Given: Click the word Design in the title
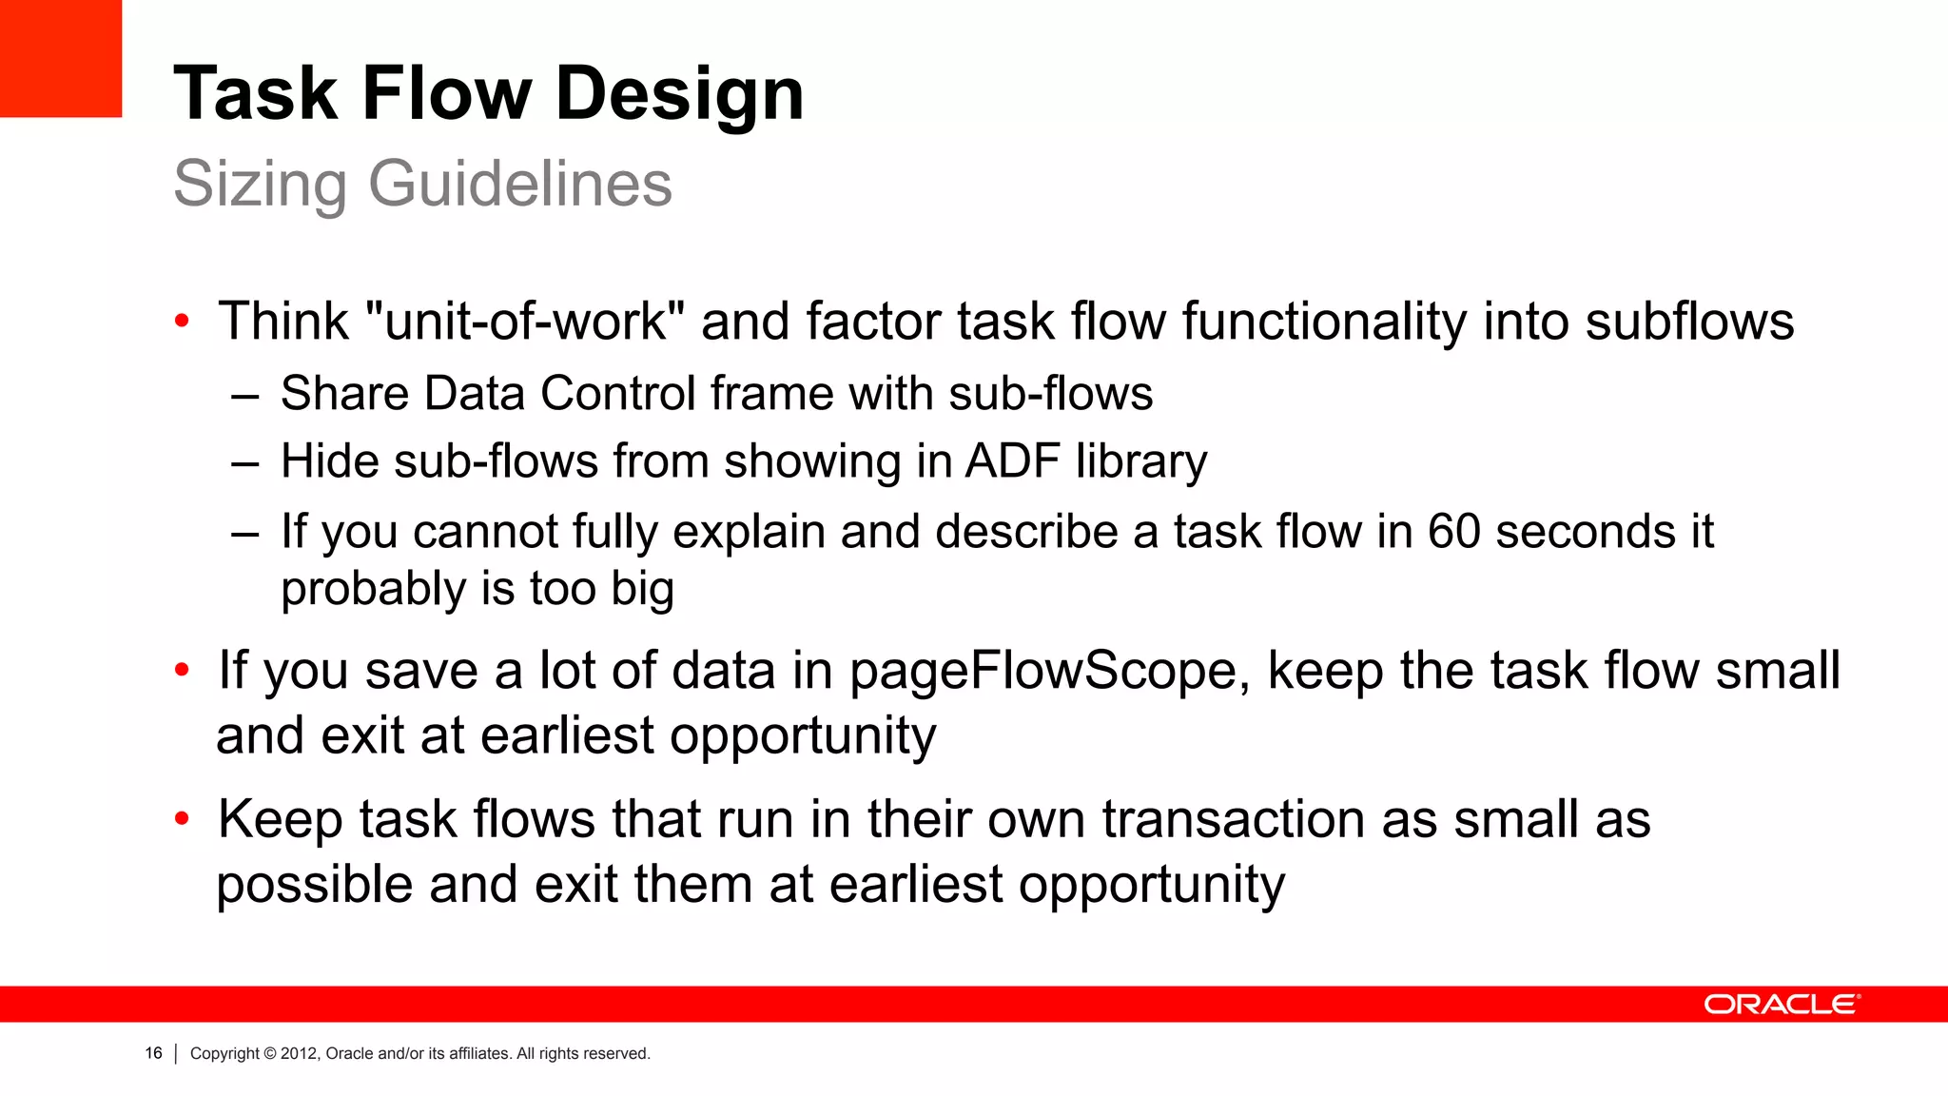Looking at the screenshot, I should pyautogui.click(x=679, y=94).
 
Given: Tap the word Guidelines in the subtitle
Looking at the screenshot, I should pyautogui.click(x=520, y=183).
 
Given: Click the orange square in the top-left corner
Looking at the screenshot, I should pyautogui.click(x=61, y=58).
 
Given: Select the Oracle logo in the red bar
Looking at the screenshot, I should pyautogui.click(x=1782, y=1005).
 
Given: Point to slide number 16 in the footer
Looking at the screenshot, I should pyautogui.click(x=153, y=1053).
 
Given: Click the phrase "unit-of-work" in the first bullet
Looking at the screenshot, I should pyautogui.click(x=525, y=321).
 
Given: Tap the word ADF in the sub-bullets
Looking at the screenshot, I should pyautogui.click(x=1012, y=461).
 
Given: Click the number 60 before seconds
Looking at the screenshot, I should pyautogui.click(x=1453, y=531).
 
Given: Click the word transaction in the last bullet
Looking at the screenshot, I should pyautogui.click(x=1234, y=819).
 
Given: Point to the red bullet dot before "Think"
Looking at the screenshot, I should pyautogui.click(x=182, y=321).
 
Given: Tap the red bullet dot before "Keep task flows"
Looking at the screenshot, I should pyautogui.click(x=182, y=818).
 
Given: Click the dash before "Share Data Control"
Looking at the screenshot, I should pyautogui.click(x=245, y=395).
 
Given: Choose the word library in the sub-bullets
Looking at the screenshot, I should pyautogui.click(x=1141, y=461).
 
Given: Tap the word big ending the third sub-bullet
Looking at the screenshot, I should pyautogui.click(x=642, y=589).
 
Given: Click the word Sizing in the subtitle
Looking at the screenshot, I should pyautogui.click(x=260, y=183).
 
